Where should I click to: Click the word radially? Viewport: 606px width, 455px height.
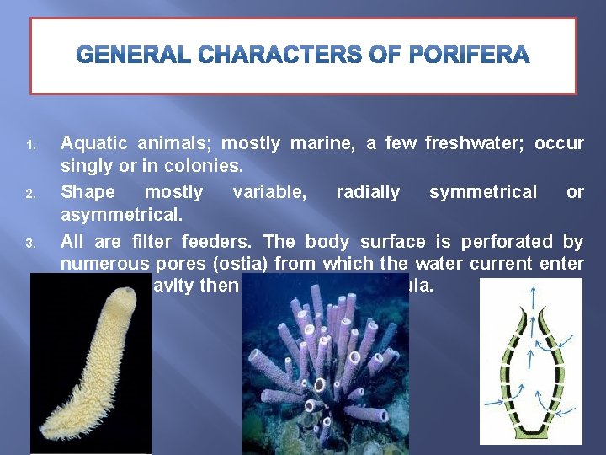coord(368,192)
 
